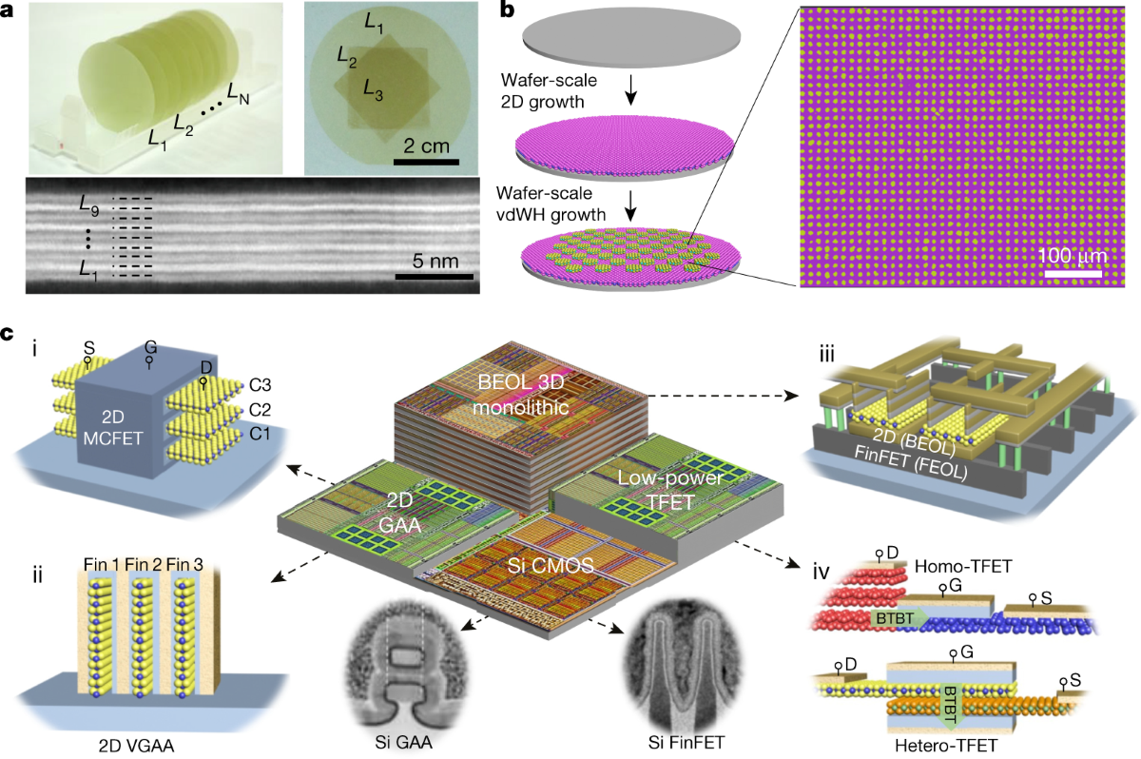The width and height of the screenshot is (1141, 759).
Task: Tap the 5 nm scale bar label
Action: click(433, 259)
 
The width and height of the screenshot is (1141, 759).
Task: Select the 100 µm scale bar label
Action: click(1073, 257)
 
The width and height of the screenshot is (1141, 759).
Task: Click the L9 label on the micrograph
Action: click(92, 202)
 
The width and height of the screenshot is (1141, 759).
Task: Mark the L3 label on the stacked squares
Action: click(374, 90)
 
